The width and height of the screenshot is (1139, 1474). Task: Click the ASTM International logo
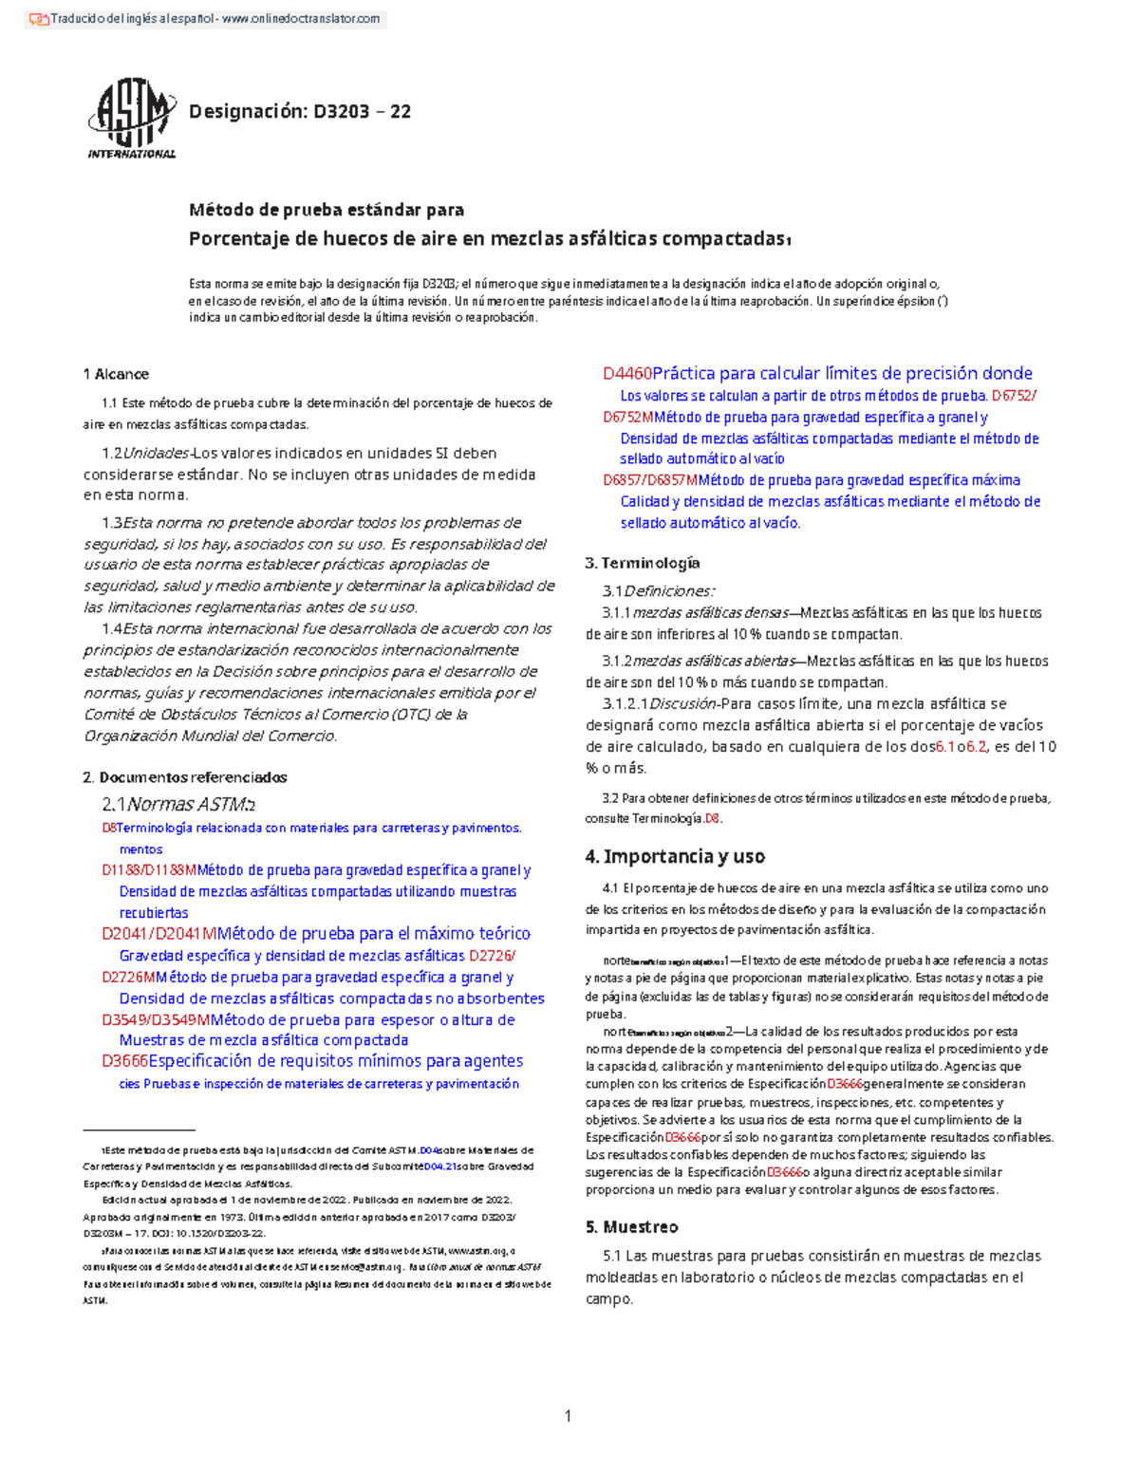(x=131, y=118)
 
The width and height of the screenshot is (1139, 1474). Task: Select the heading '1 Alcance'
(x=116, y=374)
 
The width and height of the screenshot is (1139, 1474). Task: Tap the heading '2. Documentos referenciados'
(x=185, y=777)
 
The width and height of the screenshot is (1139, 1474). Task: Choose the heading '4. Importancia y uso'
(x=675, y=856)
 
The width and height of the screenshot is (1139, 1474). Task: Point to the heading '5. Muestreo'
(x=631, y=1226)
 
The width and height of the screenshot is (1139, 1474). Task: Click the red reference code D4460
(x=626, y=374)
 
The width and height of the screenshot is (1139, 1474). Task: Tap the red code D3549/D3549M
(x=156, y=1020)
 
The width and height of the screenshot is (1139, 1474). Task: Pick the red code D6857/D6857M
(x=650, y=480)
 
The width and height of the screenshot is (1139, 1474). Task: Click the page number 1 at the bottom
(x=568, y=1416)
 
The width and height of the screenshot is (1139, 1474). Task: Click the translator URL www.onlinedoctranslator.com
(x=301, y=19)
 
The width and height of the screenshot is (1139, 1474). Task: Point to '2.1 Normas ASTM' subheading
(x=178, y=805)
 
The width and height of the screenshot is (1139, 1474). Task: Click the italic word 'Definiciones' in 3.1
(x=668, y=591)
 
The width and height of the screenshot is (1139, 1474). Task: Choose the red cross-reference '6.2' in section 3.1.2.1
(x=977, y=747)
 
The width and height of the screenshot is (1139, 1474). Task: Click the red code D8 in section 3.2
(x=713, y=818)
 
